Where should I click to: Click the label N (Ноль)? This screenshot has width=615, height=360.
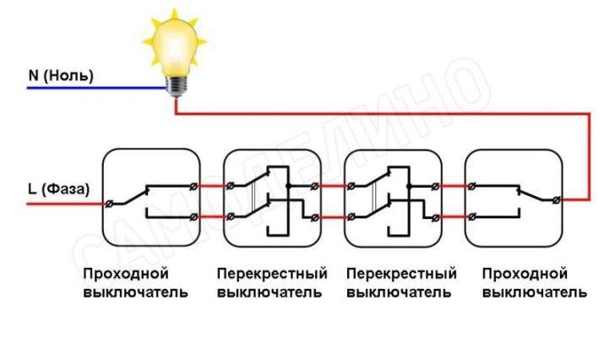click(x=61, y=75)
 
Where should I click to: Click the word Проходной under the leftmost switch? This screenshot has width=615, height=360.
click(x=126, y=275)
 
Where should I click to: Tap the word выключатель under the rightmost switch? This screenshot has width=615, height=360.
click(x=532, y=292)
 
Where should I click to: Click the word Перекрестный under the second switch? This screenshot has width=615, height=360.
click(x=271, y=275)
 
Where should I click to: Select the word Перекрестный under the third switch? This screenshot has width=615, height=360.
click(x=401, y=275)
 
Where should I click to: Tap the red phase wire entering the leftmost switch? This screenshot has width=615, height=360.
click(x=68, y=204)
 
